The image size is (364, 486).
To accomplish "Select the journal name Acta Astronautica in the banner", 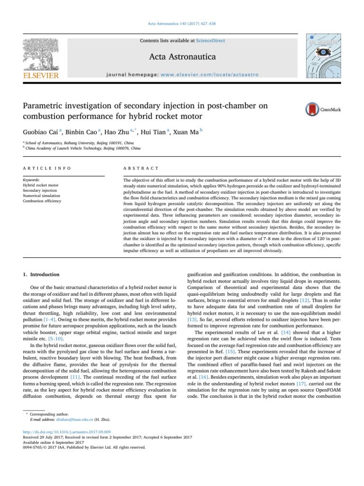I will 182,57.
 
